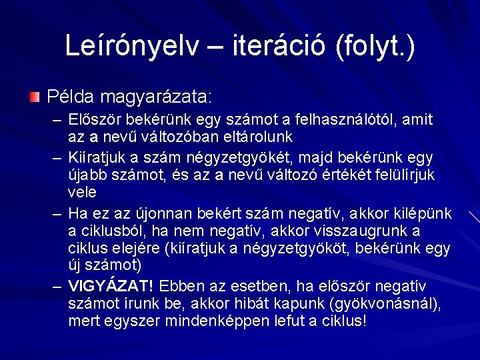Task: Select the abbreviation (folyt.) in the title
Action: coord(376,45)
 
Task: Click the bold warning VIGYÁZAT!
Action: coord(111,287)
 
